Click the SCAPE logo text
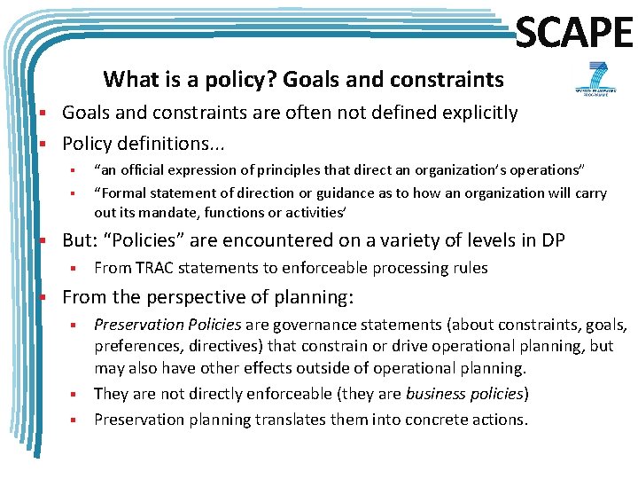[573, 33]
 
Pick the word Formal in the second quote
[126, 192]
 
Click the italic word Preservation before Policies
[136, 326]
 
